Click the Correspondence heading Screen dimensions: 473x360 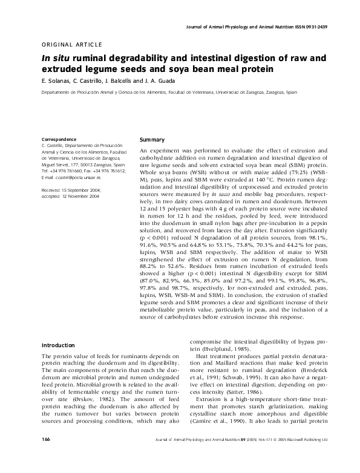[x=58, y=140]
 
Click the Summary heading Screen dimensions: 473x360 [x=152, y=140]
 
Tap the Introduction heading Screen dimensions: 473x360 [x=57, y=345]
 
